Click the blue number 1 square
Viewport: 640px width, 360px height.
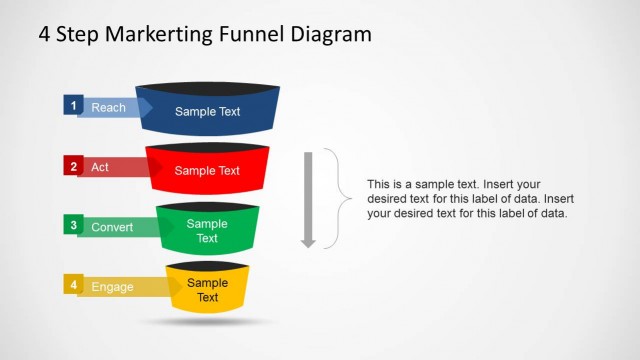pos(71,104)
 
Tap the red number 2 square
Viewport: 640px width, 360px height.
pos(71,165)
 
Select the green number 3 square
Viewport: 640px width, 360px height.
pos(71,225)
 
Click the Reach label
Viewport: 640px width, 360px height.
pos(108,107)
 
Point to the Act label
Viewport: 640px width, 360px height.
pos(100,167)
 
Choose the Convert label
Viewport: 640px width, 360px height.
pos(112,227)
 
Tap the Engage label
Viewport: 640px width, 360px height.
pos(112,287)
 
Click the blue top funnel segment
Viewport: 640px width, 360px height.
pos(207,110)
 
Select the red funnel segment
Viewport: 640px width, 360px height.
pos(207,170)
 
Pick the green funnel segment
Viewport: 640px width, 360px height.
pos(207,231)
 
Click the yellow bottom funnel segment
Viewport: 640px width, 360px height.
pos(207,290)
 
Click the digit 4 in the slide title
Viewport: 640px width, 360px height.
pos(45,34)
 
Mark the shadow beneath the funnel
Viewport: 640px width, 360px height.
pos(207,322)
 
